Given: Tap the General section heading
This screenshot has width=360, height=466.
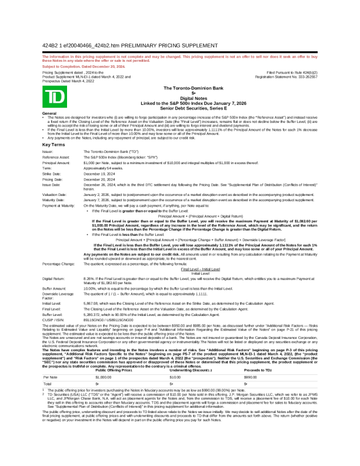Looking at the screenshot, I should click(49, 112).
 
